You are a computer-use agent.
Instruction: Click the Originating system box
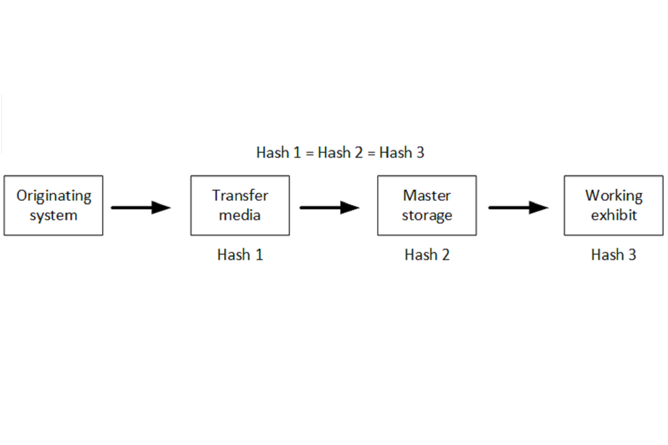pyautogui.click(x=54, y=205)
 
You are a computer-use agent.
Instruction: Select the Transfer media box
pyautogui.click(x=240, y=205)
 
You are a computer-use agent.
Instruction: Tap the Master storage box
pyautogui.click(x=427, y=205)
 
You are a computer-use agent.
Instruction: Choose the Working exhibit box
pyautogui.click(x=613, y=205)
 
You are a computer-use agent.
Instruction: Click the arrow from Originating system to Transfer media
pyautogui.click(x=141, y=207)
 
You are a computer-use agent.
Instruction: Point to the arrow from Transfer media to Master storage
pyautogui.click(x=329, y=207)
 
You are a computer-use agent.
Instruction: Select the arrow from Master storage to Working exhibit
pyautogui.click(x=518, y=207)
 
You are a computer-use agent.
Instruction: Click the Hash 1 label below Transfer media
pyautogui.click(x=240, y=255)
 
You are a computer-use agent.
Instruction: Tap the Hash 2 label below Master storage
pyautogui.click(x=427, y=255)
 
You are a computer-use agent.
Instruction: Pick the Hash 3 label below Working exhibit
pyautogui.click(x=613, y=255)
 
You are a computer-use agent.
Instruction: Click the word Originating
pyautogui.click(x=54, y=196)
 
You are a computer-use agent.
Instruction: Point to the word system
pyautogui.click(x=54, y=215)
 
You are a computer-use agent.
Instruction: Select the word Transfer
pyautogui.click(x=240, y=195)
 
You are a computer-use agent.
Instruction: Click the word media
pyautogui.click(x=240, y=215)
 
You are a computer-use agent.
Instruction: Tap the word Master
pyautogui.click(x=427, y=195)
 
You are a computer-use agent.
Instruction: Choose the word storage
pyautogui.click(x=427, y=216)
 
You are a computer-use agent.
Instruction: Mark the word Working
pyautogui.click(x=613, y=196)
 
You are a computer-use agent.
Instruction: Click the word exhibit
pyautogui.click(x=613, y=215)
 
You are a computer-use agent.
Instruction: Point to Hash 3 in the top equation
pyautogui.click(x=401, y=153)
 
